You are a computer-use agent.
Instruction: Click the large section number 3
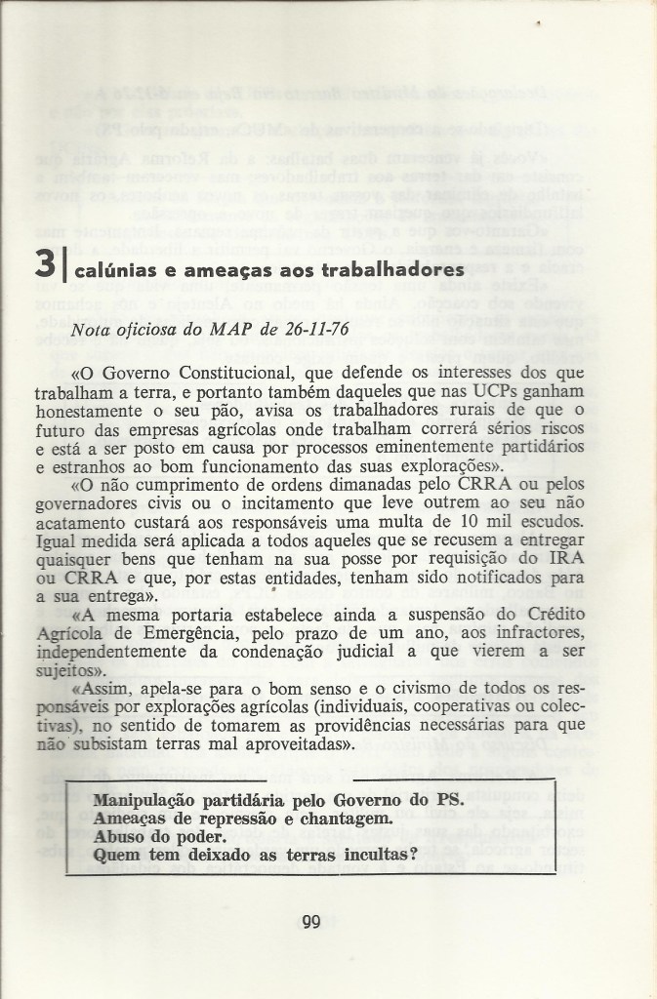(44, 265)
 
